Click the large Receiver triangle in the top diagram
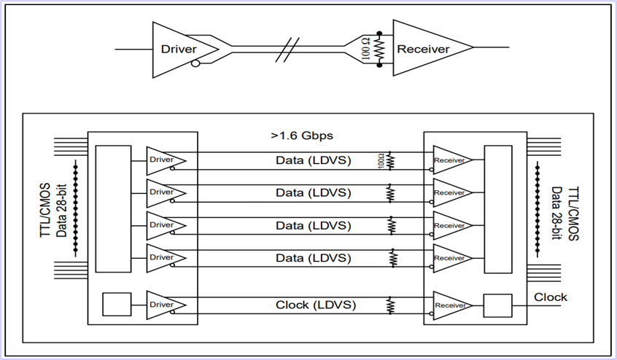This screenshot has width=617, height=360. click(x=427, y=49)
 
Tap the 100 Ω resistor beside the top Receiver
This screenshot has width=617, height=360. click(x=379, y=50)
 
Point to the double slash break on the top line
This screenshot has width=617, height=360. click(x=291, y=50)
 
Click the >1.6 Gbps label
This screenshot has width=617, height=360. click(x=302, y=136)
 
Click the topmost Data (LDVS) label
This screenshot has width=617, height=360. click(x=314, y=160)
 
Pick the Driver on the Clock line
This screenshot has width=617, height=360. click(x=164, y=305)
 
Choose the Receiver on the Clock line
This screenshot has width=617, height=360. click(x=450, y=306)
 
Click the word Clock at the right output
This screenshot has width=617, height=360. click(x=551, y=297)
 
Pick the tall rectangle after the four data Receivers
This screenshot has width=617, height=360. click(x=499, y=208)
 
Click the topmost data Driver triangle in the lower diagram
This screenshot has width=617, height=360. click(x=164, y=160)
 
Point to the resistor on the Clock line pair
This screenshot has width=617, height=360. click(x=390, y=305)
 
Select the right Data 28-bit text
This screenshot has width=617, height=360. click(x=555, y=209)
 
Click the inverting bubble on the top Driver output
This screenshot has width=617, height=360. click(x=195, y=63)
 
